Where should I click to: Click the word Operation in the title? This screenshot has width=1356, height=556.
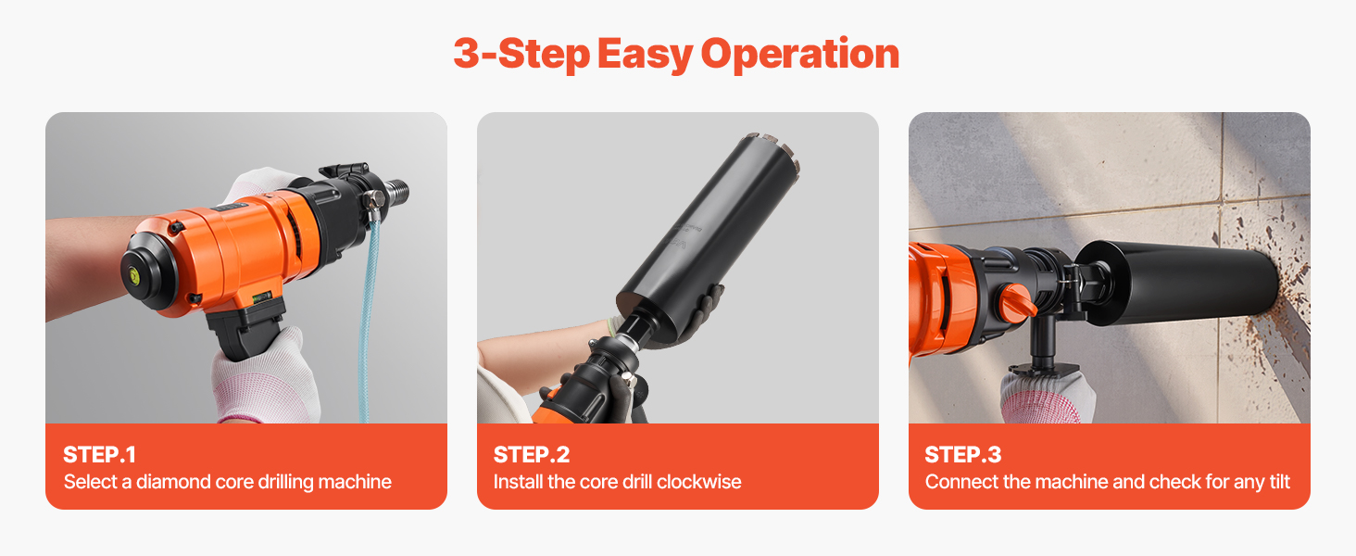(x=799, y=55)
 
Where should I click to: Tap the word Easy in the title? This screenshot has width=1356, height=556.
(x=645, y=55)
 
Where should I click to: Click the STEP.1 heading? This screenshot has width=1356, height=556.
(x=99, y=455)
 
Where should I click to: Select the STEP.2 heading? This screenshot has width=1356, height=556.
(x=532, y=455)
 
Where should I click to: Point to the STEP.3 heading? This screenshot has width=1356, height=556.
(x=962, y=455)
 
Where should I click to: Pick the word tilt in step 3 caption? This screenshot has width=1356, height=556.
(x=1279, y=482)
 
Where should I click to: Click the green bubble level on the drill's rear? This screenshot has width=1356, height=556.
(x=133, y=275)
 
